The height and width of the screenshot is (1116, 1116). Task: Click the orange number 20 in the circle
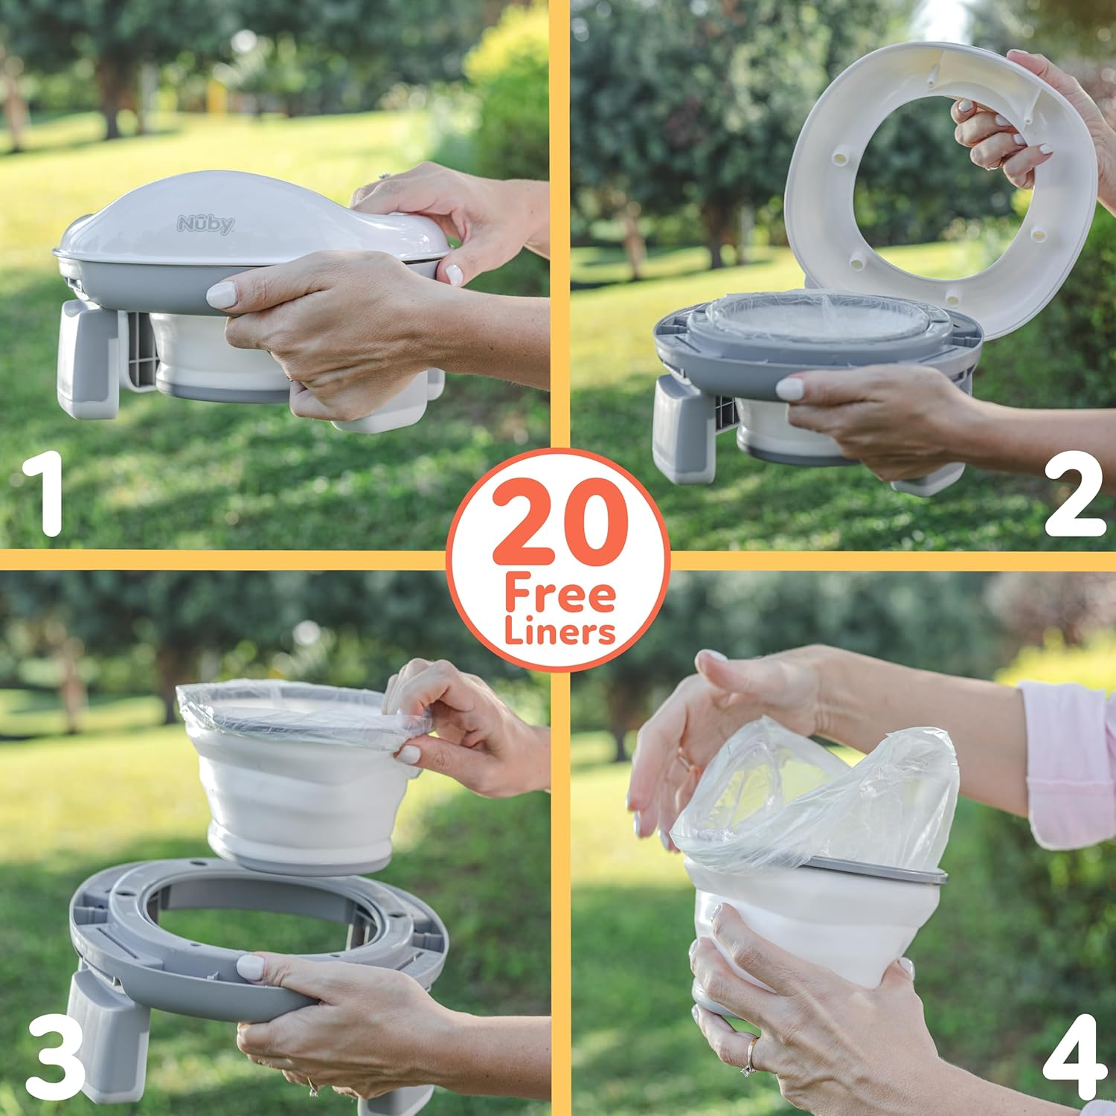tap(558, 525)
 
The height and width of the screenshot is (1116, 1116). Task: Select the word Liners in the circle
tap(559, 632)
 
